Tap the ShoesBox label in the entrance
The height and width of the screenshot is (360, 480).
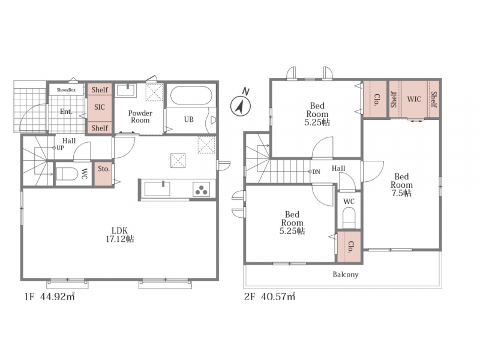coord(66,90)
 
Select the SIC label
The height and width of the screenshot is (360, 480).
coord(100,107)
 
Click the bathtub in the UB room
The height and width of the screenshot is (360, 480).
coord(191,96)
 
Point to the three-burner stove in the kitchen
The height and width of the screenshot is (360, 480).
coord(201,189)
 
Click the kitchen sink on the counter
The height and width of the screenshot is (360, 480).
coord(157,188)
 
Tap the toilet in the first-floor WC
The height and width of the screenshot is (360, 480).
coord(67,173)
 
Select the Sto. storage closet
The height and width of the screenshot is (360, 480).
coord(103,173)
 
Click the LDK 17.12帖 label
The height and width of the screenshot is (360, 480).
coord(119,235)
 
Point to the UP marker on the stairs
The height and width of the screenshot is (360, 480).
coord(58,148)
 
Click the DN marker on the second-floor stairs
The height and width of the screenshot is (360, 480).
coord(314,172)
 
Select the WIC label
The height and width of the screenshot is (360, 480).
coord(414,99)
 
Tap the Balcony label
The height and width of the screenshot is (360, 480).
coord(346,274)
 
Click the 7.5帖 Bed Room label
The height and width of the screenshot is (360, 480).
coord(401,185)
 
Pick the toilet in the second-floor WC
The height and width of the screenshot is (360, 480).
coord(349,218)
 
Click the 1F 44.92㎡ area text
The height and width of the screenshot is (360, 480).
coord(50,296)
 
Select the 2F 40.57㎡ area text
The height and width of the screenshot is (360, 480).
coord(269,296)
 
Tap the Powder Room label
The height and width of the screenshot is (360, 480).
coord(140,116)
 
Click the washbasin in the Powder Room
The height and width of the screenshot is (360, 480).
coord(127,91)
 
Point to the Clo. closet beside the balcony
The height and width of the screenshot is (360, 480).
coord(349,247)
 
